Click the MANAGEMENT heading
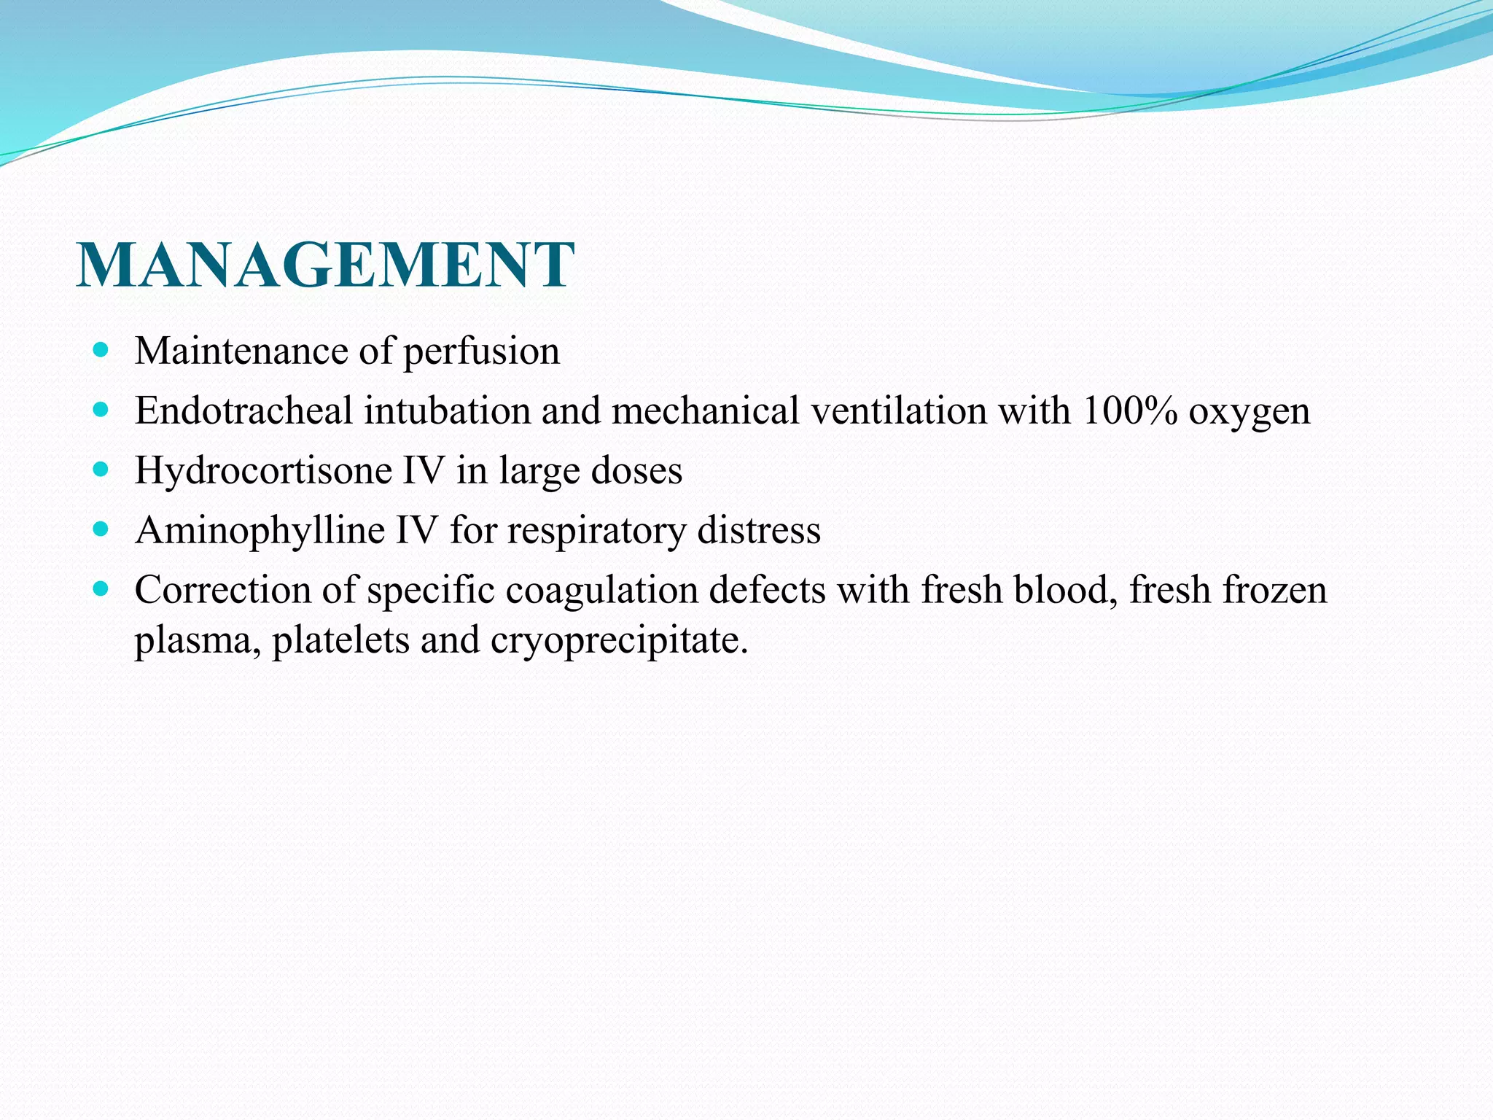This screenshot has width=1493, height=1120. [325, 265]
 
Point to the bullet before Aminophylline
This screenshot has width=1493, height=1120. [101, 530]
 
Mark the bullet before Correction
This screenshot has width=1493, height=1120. [101, 589]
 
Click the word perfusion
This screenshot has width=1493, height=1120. [481, 352]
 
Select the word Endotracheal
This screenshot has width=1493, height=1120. [244, 411]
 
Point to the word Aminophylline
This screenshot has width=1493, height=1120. [260, 531]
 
